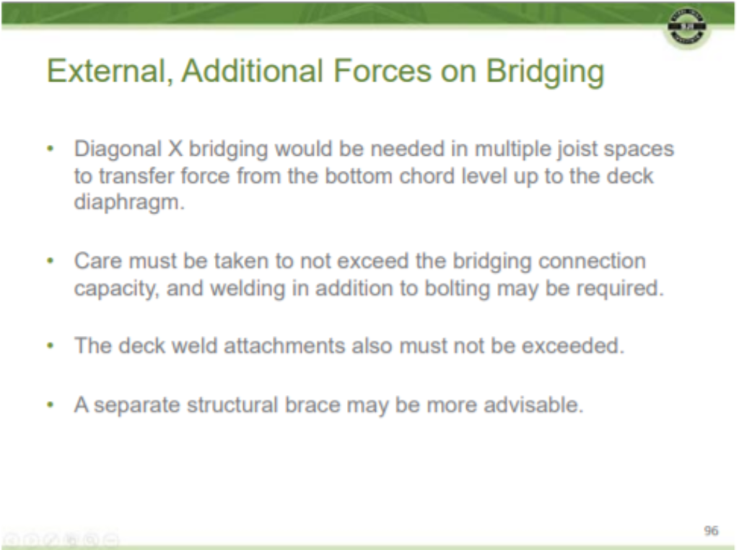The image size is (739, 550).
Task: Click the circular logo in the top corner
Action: click(686, 29)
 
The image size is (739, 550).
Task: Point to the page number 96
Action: click(711, 531)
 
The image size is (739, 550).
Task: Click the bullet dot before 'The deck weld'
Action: click(51, 347)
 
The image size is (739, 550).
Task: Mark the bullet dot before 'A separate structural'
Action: click(51, 405)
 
